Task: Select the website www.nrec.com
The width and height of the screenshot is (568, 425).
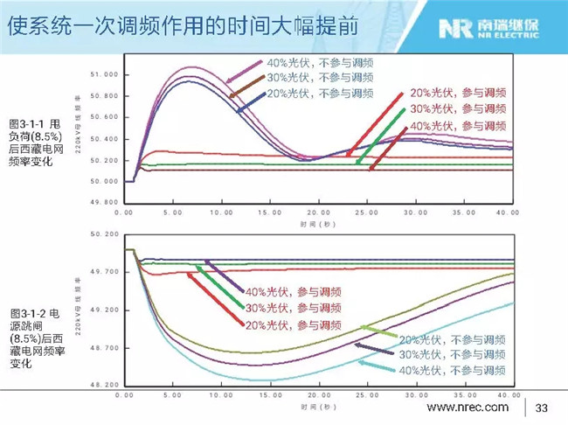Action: [467, 408]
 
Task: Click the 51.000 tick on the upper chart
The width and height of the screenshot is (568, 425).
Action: [104, 74]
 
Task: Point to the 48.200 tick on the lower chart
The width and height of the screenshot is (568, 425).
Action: [104, 386]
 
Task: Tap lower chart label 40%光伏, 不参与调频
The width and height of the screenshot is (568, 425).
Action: [455, 371]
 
